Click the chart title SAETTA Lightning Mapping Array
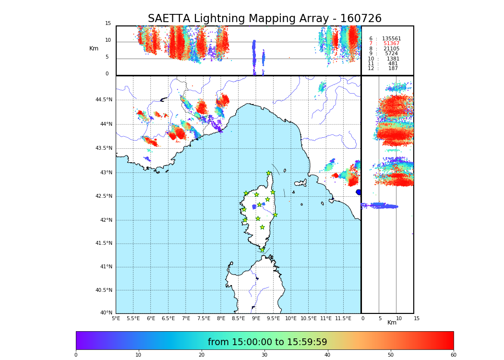click(264, 19)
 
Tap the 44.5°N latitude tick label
click(104, 100)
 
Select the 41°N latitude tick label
click(106, 267)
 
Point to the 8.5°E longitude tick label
click(239, 318)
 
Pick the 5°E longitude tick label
click(116, 318)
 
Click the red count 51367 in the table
click(391, 44)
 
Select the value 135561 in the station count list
click(391, 39)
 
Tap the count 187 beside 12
click(393, 69)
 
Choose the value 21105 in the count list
click(391, 49)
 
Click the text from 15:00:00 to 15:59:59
click(267, 342)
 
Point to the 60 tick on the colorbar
click(453, 355)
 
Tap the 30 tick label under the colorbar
click(264, 355)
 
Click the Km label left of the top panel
click(94, 48)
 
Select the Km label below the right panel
click(392, 323)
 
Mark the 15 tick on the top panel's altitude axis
click(108, 24)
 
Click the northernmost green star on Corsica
click(268, 173)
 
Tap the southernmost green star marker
click(262, 250)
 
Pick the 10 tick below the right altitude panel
click(399, 318)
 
